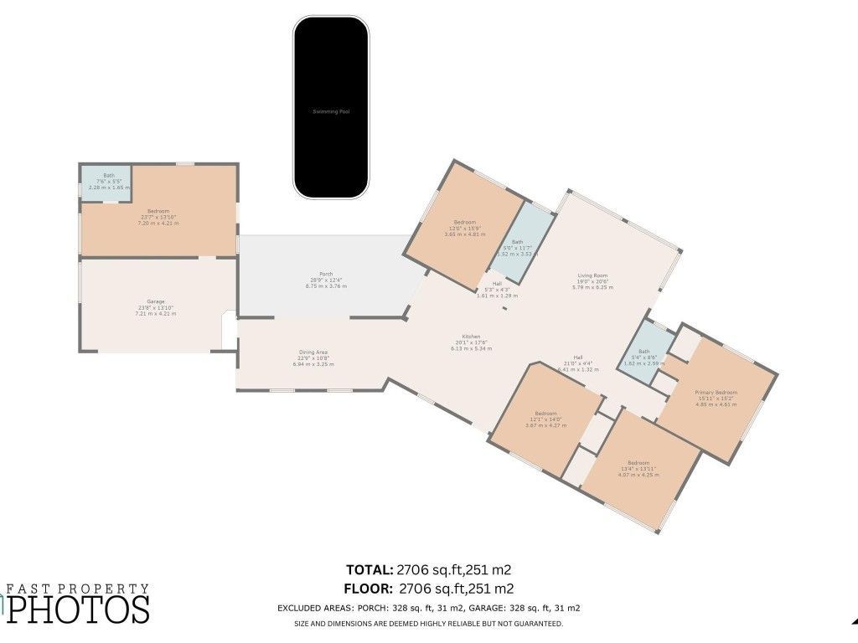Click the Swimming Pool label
[330, 111]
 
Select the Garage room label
[156, 301]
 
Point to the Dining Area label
[313, 352]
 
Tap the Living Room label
[592, 275]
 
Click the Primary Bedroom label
[716, 393]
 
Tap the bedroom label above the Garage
[158, 211]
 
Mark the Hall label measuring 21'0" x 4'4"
[578, 357]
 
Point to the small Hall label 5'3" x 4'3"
[497, 284]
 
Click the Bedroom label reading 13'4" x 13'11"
[638, 463]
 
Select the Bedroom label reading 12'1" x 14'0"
[546, 414]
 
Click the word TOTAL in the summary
[370, 570]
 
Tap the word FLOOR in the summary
[370, 589]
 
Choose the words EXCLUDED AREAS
[315, 609]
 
